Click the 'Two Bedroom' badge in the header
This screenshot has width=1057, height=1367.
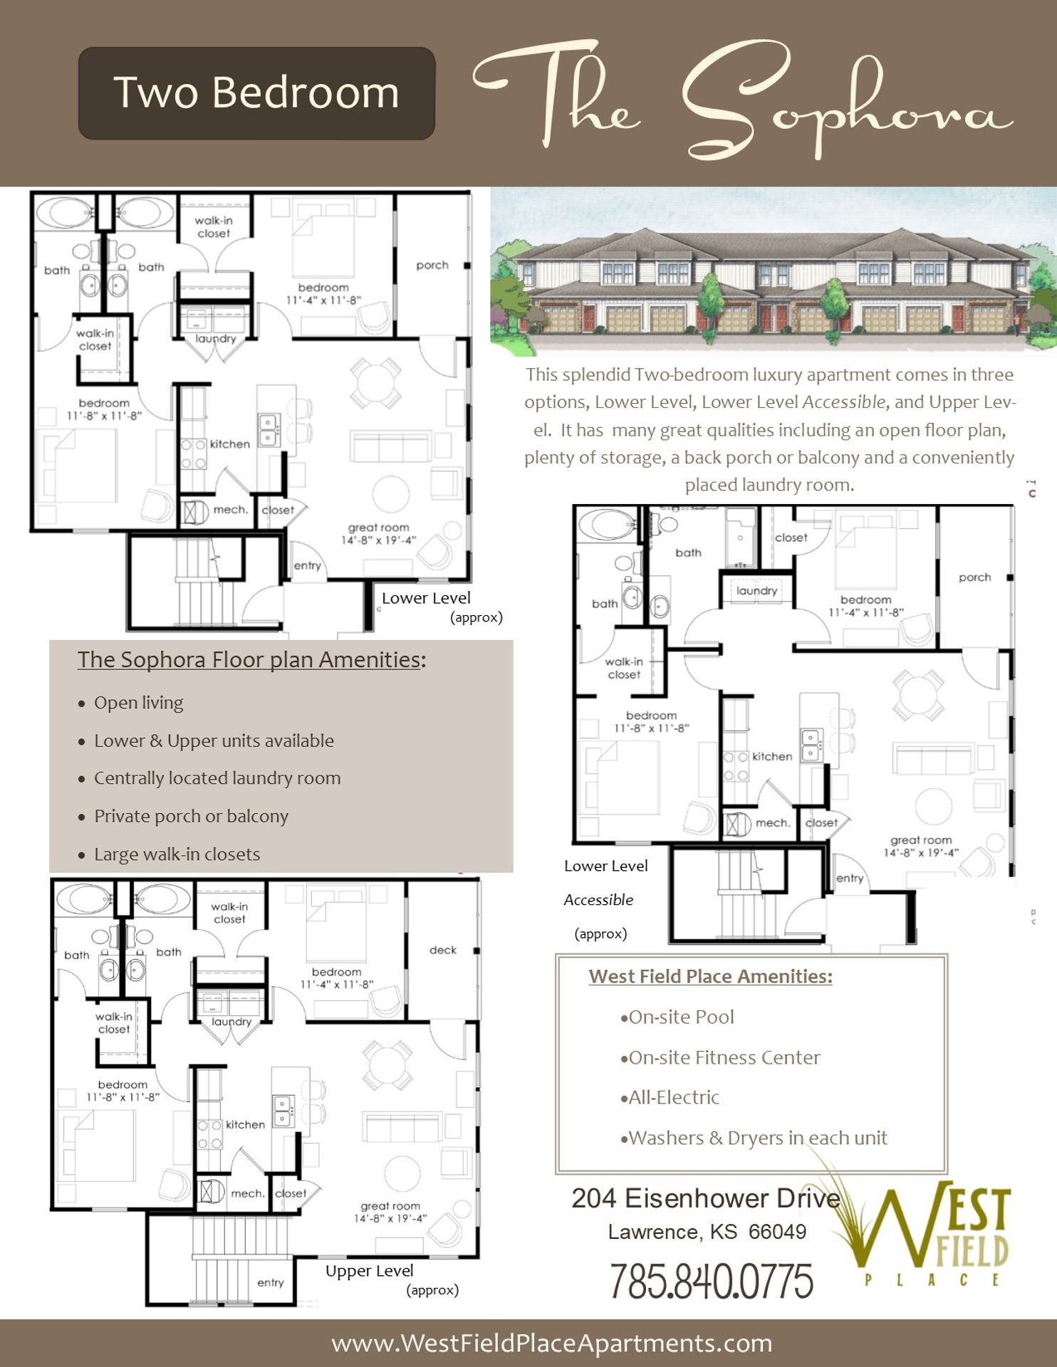click(256, 93)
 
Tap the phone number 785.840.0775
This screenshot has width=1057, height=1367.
click(711, 1281)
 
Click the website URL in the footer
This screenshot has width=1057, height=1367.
click(552, 1344)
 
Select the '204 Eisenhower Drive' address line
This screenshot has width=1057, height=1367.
click(705, 1198)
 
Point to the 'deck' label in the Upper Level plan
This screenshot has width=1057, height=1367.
click(442, 950)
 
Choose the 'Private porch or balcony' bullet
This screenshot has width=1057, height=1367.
click(191, 816)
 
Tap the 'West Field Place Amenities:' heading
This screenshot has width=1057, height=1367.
click(710, 976)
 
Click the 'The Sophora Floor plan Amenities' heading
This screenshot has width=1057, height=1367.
click(249, 659)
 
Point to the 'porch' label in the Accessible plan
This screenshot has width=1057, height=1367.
click(974, 577)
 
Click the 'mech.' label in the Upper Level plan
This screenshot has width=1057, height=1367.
click(247, 1193)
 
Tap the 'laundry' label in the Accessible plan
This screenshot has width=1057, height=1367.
click(756, 590)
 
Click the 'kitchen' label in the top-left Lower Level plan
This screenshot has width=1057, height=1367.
click(229, 444)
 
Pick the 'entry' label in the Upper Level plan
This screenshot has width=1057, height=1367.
click(270, 1282)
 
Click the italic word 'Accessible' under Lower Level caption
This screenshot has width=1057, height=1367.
click(598, 900)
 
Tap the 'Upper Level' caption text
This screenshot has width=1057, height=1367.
click(369, 1271)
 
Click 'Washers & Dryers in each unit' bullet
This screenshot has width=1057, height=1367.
click(757, 1138)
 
